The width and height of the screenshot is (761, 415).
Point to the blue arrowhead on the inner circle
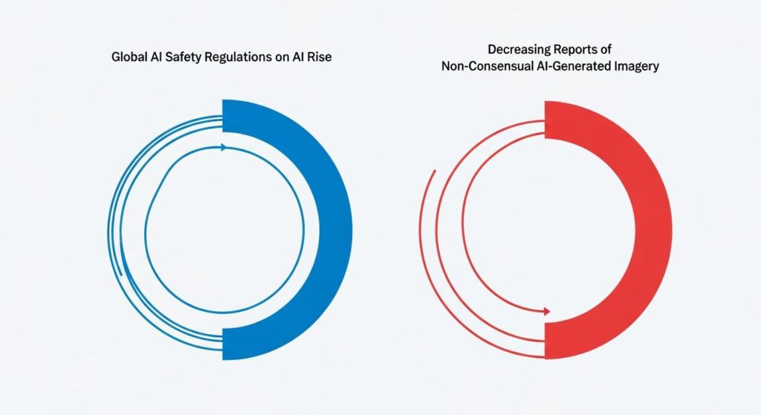pyautogui.click(x=223, y=147)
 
